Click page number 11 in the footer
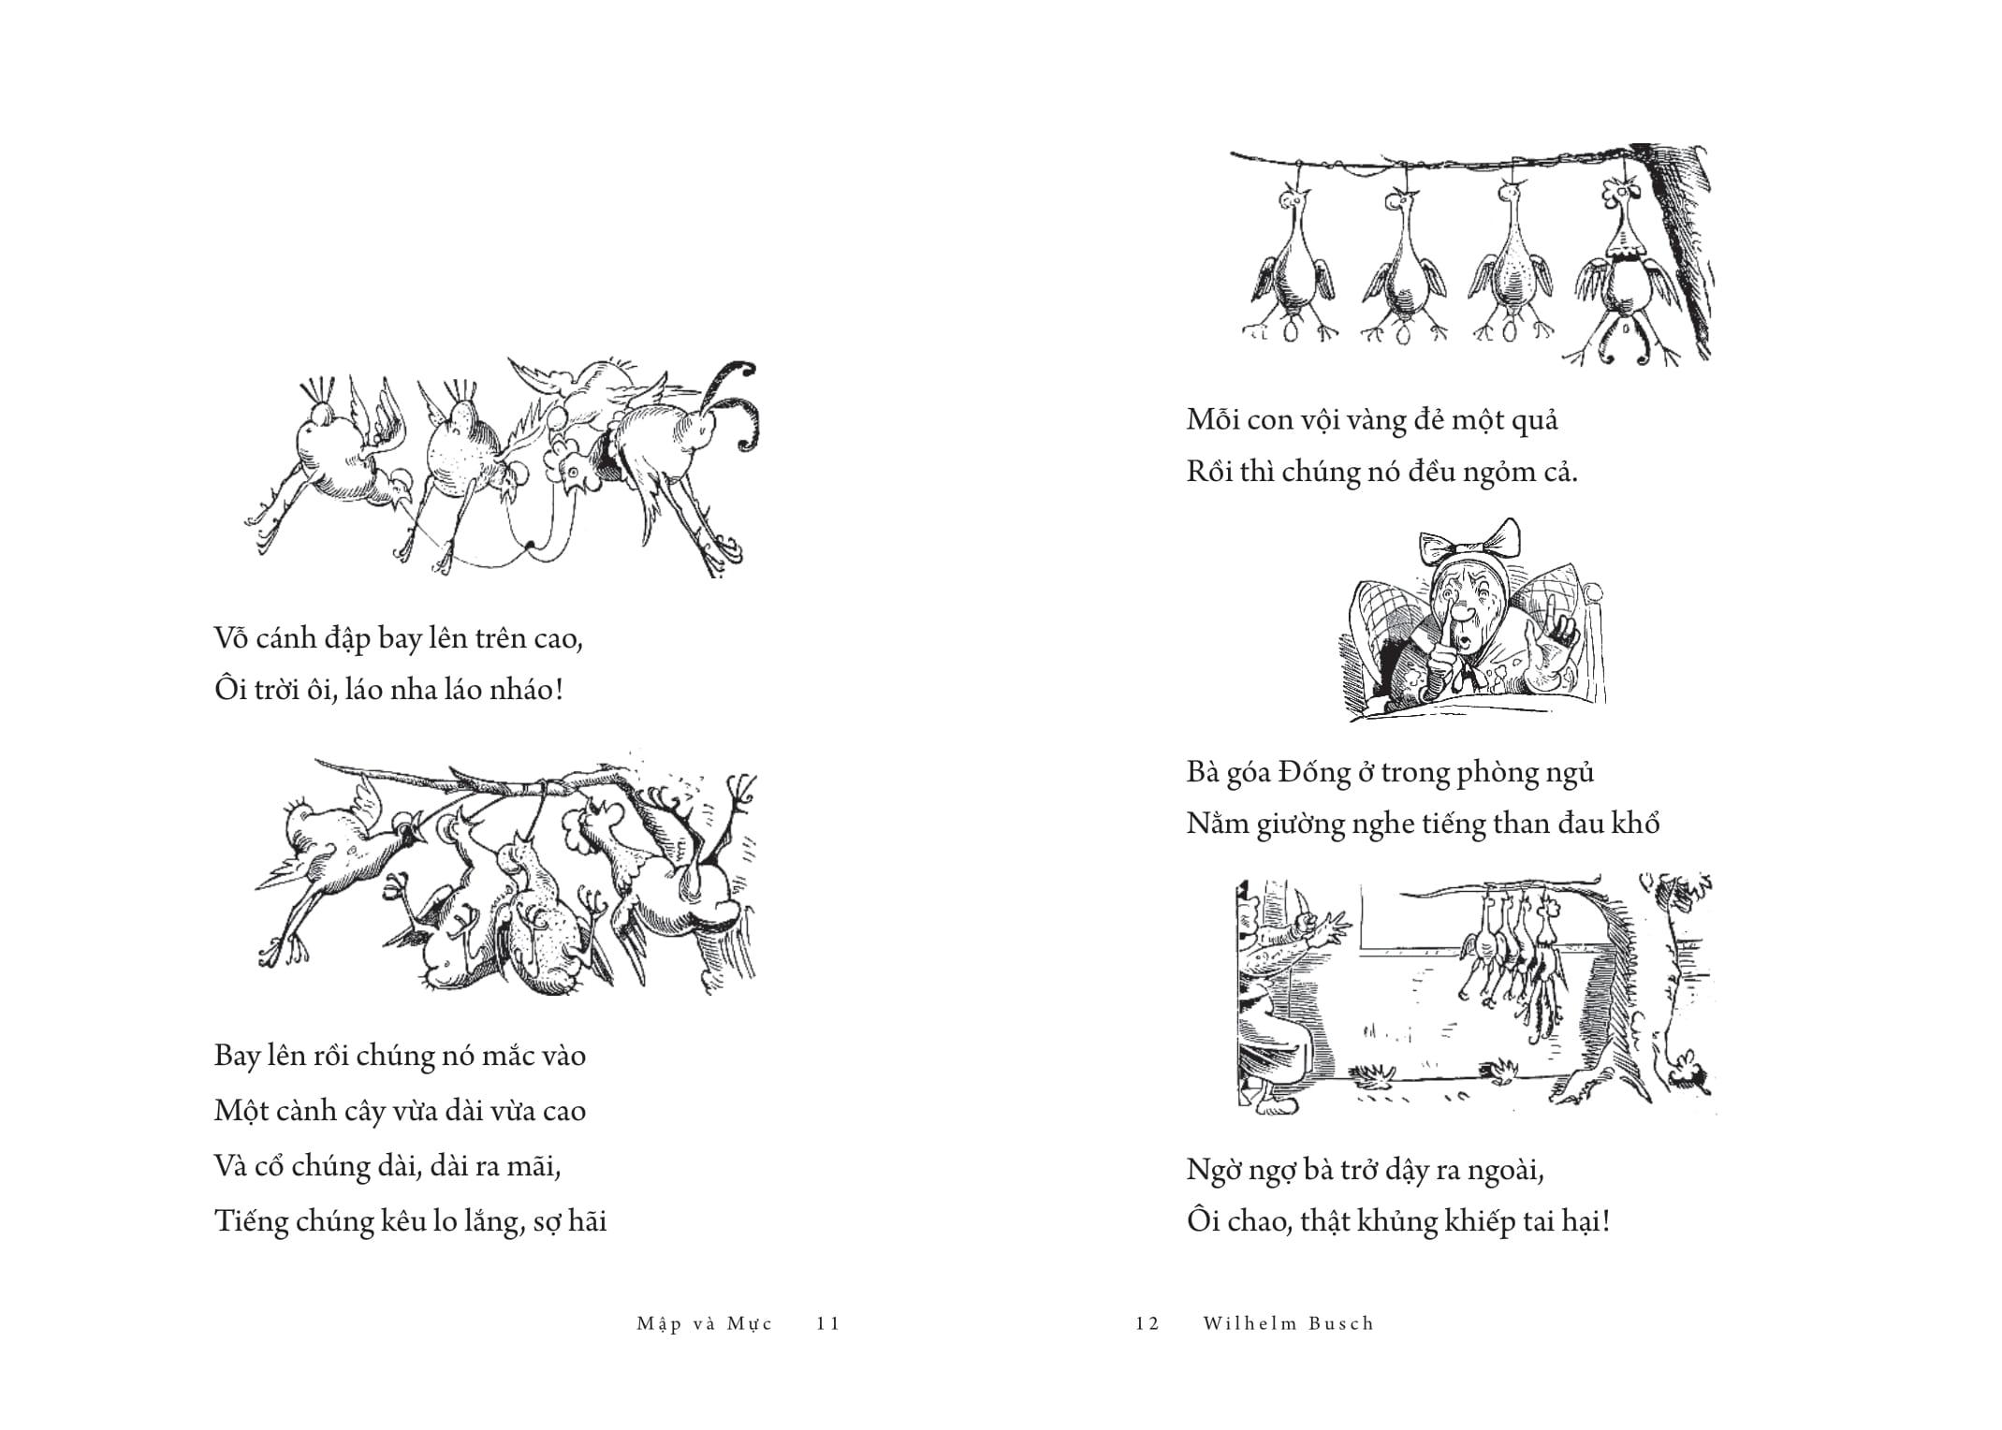pyautogui.click(x=828, y=1324)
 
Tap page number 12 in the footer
pyautogui.click(x=1147, y=1324)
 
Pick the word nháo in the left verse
pyautogui.click(x=526, y=691)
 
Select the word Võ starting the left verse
pyautogui.click(x=233, y=638)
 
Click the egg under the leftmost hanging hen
pyautogui.click(x=1293, y=331)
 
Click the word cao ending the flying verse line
pyautogui.click(x=560, y=639)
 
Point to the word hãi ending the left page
pyautogui.click(x=586, y=1220)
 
